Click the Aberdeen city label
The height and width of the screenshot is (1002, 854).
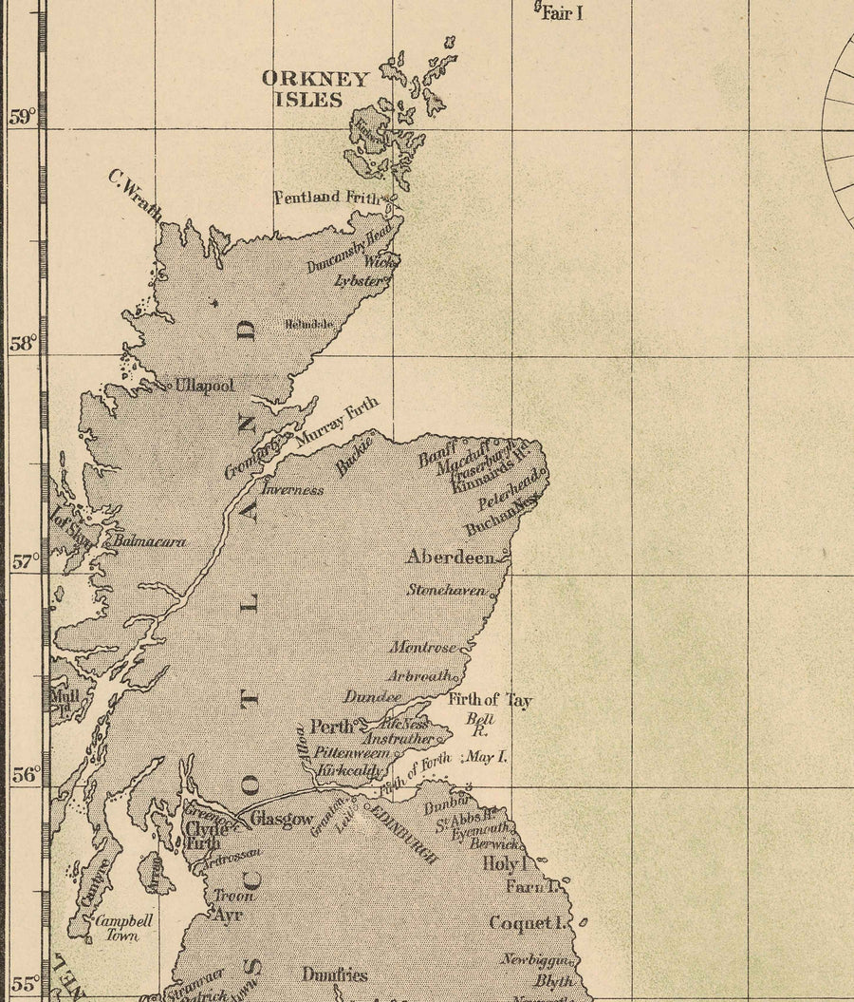[x=451, y=558]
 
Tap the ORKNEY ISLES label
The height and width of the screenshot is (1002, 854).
[x=315, y=88]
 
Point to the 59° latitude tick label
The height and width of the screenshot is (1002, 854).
[x=22, y=117]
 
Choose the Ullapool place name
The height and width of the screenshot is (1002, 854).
[x=204, y=386]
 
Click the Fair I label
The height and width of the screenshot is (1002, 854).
[x=563, y=13]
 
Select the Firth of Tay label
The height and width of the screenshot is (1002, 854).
[x=490, y=701]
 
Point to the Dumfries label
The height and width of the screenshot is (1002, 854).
[x=334, y=974]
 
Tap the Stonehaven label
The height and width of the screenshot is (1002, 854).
[x=446, y=590]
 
